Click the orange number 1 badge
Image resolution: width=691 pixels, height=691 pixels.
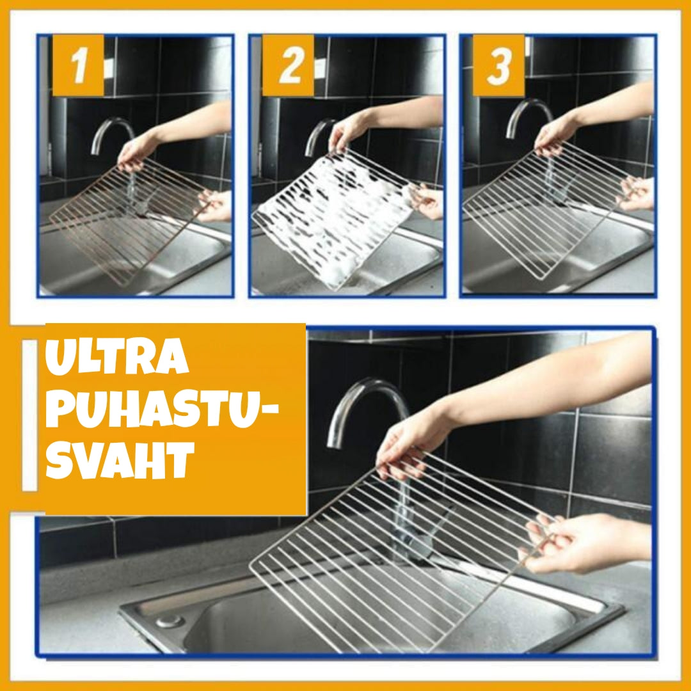coord(78,65)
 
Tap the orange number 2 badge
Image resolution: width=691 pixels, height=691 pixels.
coord(288,65)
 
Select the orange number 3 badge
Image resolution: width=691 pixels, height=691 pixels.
coord(499,65)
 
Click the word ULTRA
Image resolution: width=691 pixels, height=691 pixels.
coord(117,356)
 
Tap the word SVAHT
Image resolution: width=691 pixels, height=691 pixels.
coord(120,460)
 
